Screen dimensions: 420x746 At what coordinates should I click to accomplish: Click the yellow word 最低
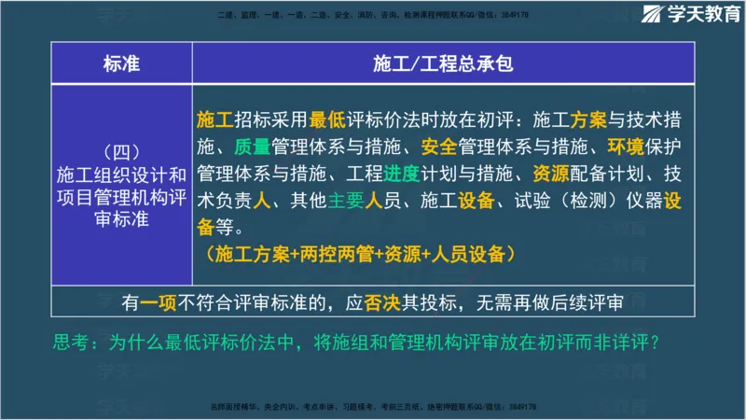329,119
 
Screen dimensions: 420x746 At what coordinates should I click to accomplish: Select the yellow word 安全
437,147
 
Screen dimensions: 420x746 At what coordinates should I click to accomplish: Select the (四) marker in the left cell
121,151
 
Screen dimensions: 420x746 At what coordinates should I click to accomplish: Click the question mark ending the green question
656,343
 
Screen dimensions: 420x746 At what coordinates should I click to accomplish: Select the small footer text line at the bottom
373,408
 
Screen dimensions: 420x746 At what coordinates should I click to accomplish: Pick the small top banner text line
373,15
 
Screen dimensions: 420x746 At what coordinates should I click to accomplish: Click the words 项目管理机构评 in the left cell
121,196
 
